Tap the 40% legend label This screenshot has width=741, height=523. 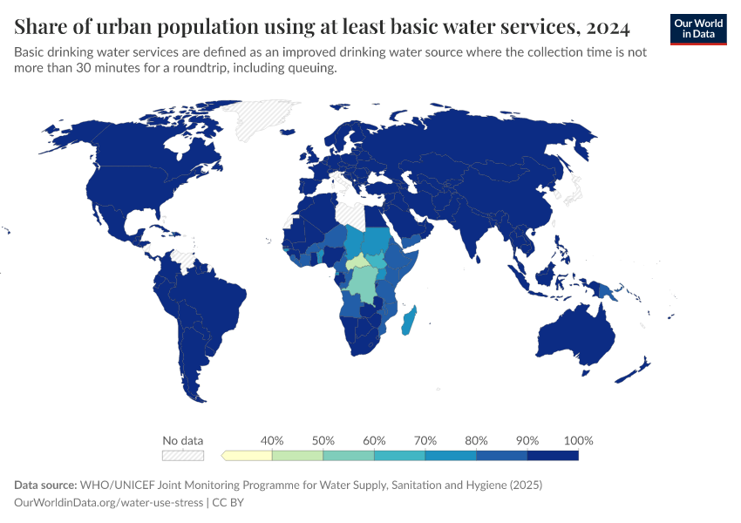tap(272, 440)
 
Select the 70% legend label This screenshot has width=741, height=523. tap(425, 440)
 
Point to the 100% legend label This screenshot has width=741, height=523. tap(578, 440)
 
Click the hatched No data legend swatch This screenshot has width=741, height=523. tap(182, 455)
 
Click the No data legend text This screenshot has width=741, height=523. tap(182, 440)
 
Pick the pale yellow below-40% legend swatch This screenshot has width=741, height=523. tap(248, 455)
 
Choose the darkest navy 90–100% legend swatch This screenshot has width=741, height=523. tap(553, 455)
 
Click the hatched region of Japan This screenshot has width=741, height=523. tap(573, 190)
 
